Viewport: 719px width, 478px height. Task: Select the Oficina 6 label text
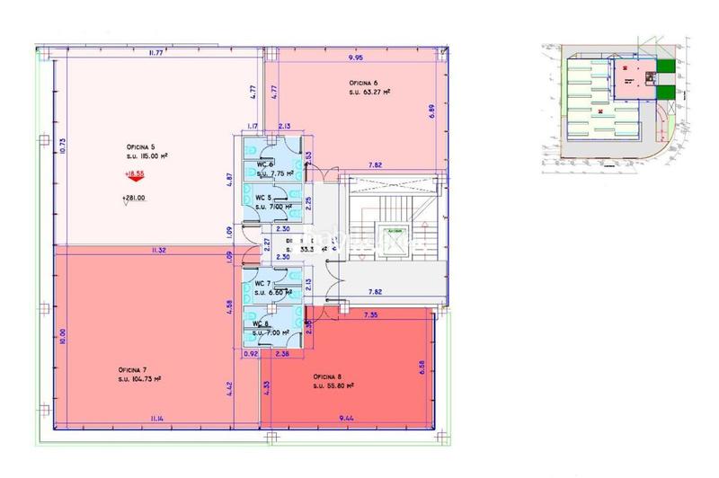(x=364, y=83)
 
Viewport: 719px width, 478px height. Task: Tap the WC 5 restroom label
(x=262, y=198)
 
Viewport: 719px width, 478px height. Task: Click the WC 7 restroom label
(x=262, y=284)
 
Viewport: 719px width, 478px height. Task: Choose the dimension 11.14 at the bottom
(x=156, y=418)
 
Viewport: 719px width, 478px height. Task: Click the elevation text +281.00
(x=133, y=199)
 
